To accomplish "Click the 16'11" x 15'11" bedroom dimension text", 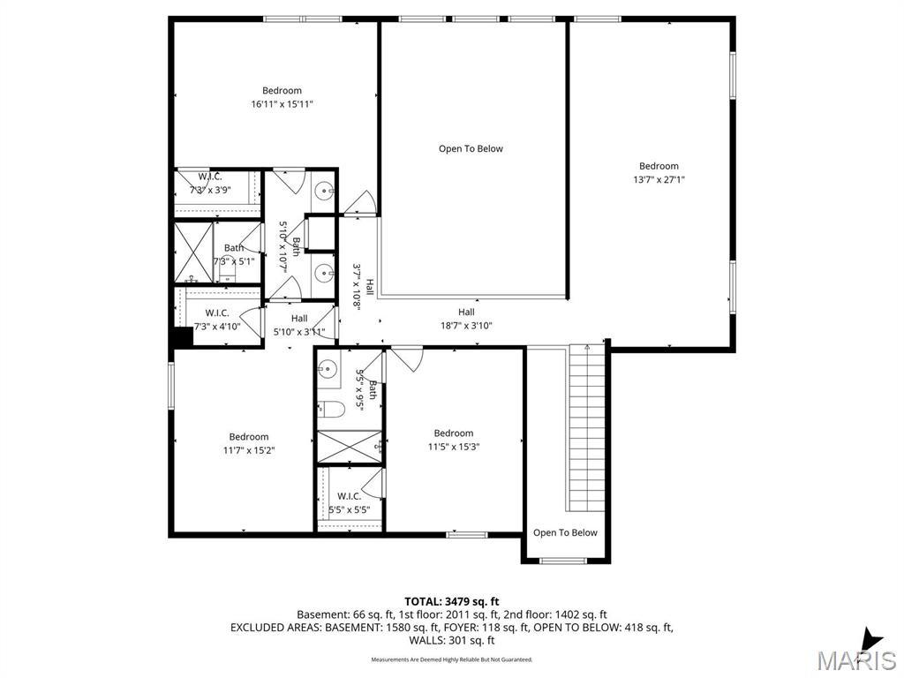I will pyautogui.click(x=282, y=104).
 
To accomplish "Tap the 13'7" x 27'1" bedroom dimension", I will pyautogui.click(x=659, y=180).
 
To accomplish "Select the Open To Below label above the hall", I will pyautogui.click(x=471, y=149).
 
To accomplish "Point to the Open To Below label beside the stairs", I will pyautogui.click(x=565, y=532).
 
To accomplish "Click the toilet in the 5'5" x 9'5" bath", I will pyautogui.click(x=332, y=409).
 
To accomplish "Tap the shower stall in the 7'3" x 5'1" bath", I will pyautogui.click(x=193, y=252).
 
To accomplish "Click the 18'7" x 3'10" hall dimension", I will pyautogui.click(x=466, y=326).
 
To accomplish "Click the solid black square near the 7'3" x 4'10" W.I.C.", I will pyautogui.click(x=183, y=337).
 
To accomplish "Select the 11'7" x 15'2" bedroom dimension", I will pyautogui.click(x=249, y=450).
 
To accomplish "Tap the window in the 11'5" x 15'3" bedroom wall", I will pyautogui.click(x=467, y=534).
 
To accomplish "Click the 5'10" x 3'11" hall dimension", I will pyautogui.click(x=299, y=332).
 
